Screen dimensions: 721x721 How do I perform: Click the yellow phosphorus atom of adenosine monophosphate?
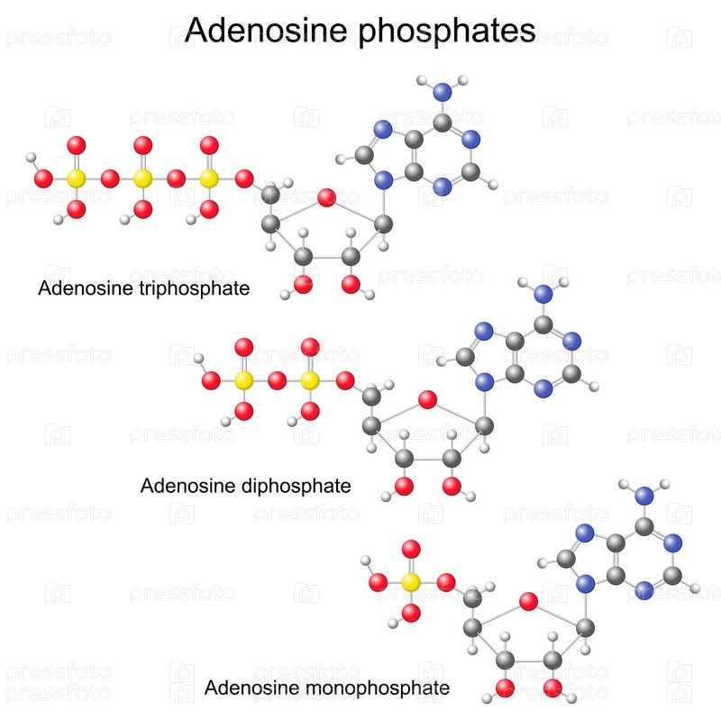click(411, 582)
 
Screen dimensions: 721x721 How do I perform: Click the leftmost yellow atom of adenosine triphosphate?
click(76, 178)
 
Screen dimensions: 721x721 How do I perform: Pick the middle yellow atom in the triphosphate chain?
click(142, 178)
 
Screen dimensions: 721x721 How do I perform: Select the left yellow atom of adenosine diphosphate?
click(243, 380)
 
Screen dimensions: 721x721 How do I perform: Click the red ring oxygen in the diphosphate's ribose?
click(427, 399)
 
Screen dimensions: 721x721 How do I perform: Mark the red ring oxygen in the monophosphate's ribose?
click(528, 600)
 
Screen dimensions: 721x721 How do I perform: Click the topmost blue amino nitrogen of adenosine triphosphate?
click(440, 92)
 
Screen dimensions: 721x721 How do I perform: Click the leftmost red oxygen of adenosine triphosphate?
click(42, 178)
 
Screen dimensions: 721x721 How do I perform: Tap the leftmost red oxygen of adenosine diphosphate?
click(211, 380)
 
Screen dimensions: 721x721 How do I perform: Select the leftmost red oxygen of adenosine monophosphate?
click(379, 582)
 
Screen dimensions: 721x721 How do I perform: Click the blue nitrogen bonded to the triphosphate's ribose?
click(385, 180)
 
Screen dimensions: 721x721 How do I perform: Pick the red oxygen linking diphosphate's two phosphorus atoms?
click(277, 380)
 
